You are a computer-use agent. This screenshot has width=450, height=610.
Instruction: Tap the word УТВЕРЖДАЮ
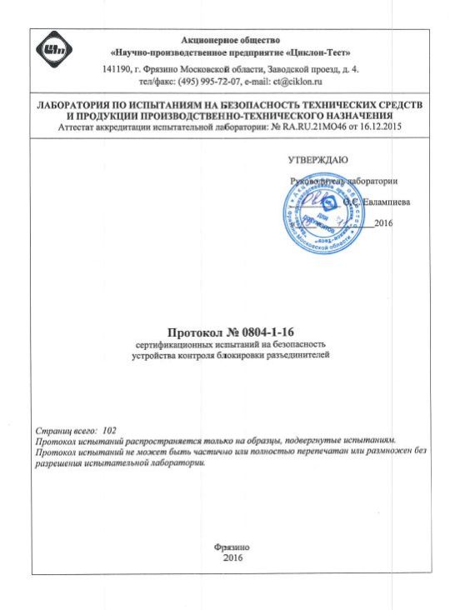click(x=317, y=159)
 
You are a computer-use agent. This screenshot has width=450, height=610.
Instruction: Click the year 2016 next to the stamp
click(x=383, y=222)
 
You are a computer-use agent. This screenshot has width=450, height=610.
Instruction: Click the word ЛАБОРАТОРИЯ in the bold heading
click(x=71, y=106)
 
